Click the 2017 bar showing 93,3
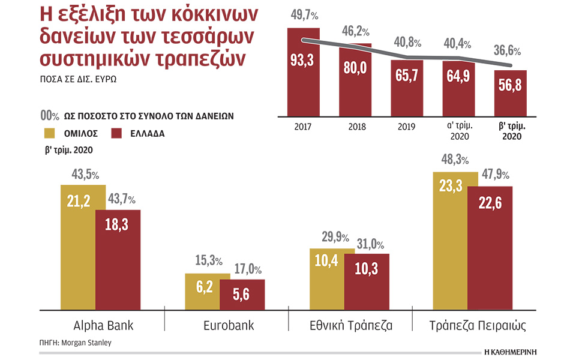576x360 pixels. pyautogui.click(x=303, y=71)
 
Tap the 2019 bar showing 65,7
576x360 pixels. pyautogui.click(x=407, y=87)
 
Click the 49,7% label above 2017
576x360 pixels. pyautogui.click(x=303, y=14)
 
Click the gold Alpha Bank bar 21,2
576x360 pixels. pyautogui.click(x=78, y=246)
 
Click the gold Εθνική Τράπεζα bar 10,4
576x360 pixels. pyautogui.click(x=326, y=279)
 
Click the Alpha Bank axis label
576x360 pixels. pyautogui.click(x=103, y=326)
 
